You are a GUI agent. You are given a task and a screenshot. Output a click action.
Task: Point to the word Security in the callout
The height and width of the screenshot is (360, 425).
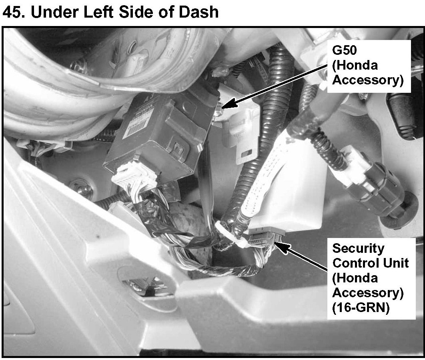point(358,248)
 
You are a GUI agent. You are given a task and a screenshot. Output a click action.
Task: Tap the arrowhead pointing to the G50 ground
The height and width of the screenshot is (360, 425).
point(225,105)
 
